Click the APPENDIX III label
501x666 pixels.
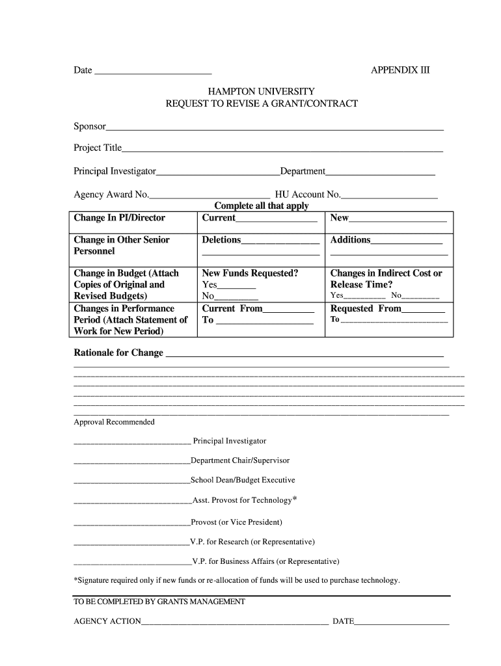pos(400,70)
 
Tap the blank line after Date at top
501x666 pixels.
pos(153,72)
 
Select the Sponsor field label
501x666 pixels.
pos(90,126)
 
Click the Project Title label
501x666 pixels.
pos(98,148)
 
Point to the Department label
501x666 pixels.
pos(303,171)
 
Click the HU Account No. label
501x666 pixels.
pos(308,194)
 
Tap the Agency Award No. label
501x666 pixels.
pos(111,194)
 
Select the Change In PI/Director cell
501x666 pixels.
pos(120,218)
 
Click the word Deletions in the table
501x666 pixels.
pos(221,240)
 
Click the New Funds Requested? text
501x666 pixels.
pos(250,273)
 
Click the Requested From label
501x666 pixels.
pos(366,309)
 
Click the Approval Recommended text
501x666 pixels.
pos(114,422)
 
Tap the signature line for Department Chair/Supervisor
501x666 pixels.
pos(131,462)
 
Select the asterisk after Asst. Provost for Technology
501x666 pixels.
pos(295,499)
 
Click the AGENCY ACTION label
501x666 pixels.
pos(107,621)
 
